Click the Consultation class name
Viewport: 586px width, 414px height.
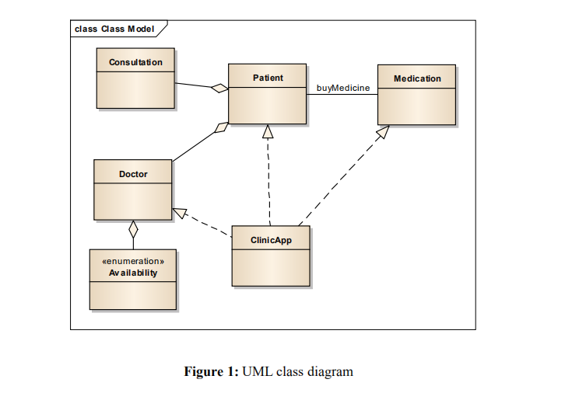(x=135, y=62)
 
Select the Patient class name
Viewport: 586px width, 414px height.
(x=268, y=78)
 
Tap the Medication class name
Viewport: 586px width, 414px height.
(x=417, y=78)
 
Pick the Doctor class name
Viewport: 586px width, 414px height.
(x=133, y=174)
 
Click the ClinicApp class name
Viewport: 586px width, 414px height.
(x=271, y=240)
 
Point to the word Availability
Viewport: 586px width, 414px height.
(x=133, y=273)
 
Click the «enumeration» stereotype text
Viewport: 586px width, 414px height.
(x=133, y=262)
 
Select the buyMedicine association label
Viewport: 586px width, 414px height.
(x=342, y=88)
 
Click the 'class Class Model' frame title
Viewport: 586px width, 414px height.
(x=114, y=29)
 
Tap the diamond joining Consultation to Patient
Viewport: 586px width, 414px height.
(x=219, y=89)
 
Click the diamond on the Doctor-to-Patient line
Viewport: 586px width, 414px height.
(x=221, y=127)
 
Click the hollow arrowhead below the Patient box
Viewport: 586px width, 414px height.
(x=268, y=131)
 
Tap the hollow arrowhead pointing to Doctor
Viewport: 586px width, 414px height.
(x=180, y=211)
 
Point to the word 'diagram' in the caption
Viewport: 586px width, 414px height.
(x=331, y=371)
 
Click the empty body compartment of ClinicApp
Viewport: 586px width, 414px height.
(x=271, y=268)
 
